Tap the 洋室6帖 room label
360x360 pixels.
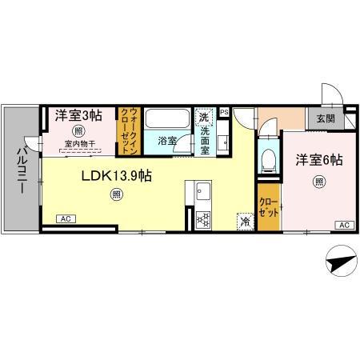pyautogui.click(x=319, y=159)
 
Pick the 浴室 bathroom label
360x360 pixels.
pyautogui.click(x=166, y=140)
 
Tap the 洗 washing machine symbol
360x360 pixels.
pyautogui.click(x=205, y=117)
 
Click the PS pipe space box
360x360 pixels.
pyautogui.click(x=225, y=113)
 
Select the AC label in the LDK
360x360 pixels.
pyautogui.click(x=66, y=218)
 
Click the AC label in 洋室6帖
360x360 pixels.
pyautogui.click(x=342, y=225)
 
